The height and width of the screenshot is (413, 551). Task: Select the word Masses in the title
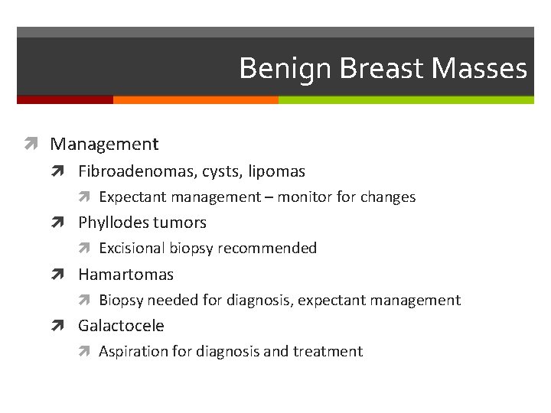tap(480, 69)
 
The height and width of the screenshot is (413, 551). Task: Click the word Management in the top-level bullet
tap(105, 144)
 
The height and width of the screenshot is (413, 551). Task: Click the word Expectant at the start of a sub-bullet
tap(133, 197)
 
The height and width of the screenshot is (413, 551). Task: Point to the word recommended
tap(267, 249)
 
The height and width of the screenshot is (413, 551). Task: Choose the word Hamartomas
tap(126, 274)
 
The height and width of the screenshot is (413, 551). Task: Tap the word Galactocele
tap(121, 326)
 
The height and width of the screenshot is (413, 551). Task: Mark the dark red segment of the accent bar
tap(64, 99)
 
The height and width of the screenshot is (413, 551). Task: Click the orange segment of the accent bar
tap(195, 99)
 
